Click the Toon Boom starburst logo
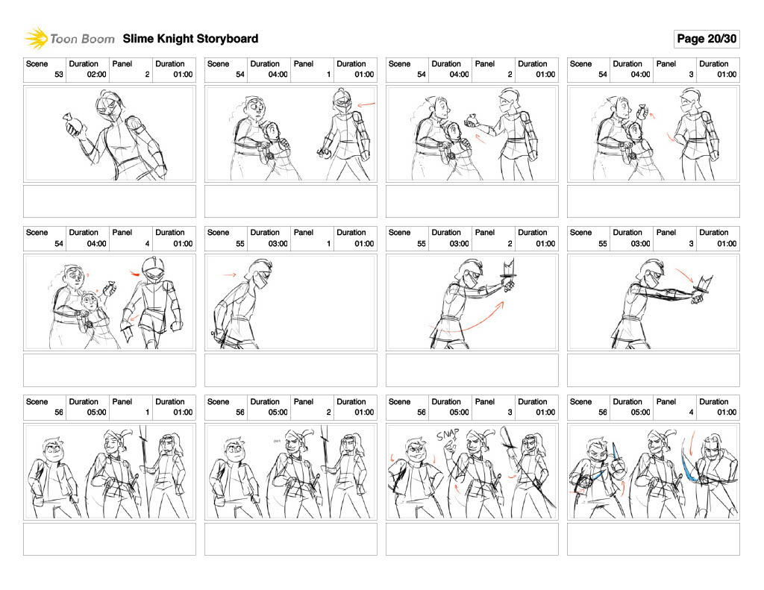pos(36,39)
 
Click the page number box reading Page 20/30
pos(707,39)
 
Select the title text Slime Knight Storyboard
pos(190,39)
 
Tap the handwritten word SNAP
pos(448,434)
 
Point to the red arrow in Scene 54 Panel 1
pos(366,104)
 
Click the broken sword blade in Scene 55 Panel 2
pos(509,269)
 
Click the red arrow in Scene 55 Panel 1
pos(230,274)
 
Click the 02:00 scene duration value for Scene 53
pos(96,75)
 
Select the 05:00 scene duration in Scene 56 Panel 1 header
pos(96,412)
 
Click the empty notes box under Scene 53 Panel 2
pos(110,201)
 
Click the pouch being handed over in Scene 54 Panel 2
pos(472,120)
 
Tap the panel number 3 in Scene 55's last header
pos(691,244)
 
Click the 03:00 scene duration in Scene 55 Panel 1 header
pos(278,244)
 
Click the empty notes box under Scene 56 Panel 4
pos(654,539)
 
